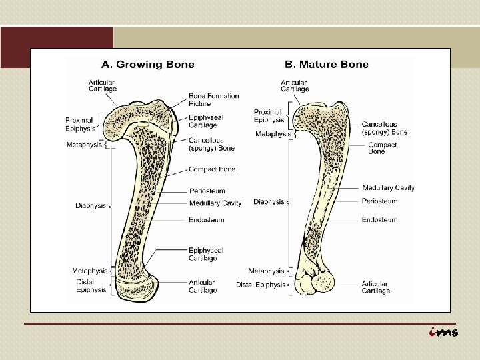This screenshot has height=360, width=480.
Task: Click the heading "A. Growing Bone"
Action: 147,65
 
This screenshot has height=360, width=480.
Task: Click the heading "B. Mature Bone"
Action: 326,65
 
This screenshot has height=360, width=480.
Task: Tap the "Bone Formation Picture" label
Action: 213,100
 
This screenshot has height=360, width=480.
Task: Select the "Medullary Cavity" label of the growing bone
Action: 215,203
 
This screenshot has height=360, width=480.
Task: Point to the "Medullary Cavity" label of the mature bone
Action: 388,188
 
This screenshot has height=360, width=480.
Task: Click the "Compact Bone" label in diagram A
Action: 212,169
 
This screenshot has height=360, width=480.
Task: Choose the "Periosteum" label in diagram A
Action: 207,191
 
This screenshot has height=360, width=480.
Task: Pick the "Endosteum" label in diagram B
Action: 379,219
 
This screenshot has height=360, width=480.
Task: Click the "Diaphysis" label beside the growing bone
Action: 91,206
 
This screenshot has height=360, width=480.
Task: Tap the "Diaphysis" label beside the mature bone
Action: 269,201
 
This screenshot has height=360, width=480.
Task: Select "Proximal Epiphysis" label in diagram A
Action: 79,124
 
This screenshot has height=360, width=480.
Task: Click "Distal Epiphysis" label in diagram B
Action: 260,285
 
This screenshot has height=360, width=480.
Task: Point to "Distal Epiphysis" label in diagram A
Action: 90,285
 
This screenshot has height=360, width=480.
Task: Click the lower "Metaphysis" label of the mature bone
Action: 265,271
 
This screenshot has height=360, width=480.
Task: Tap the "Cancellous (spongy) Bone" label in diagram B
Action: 385,128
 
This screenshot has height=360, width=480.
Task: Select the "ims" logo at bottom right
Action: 443,332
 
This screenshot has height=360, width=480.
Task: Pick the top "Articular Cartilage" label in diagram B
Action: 295,85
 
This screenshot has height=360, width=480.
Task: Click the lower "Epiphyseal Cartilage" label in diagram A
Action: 205,254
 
